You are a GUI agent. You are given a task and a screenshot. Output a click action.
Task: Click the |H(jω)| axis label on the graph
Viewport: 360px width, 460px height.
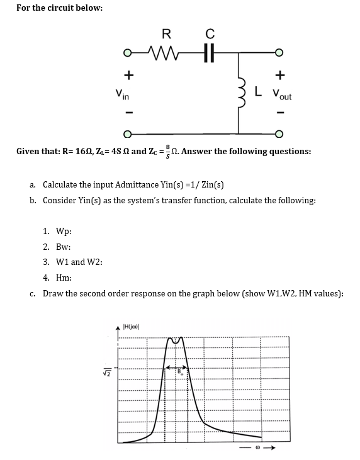click(132, 325)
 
